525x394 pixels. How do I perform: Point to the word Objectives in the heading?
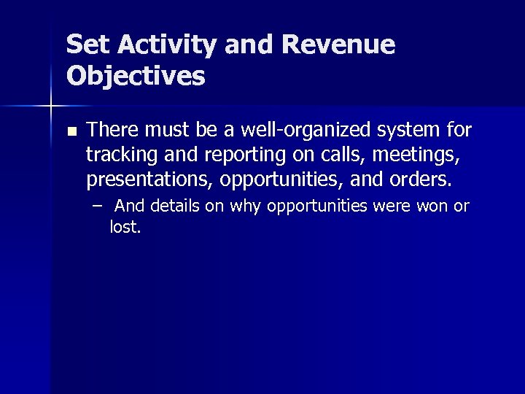136,75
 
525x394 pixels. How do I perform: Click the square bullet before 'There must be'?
71,132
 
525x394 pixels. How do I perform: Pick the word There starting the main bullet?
112,131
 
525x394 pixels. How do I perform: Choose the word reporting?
224,155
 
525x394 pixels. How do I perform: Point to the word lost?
125,228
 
